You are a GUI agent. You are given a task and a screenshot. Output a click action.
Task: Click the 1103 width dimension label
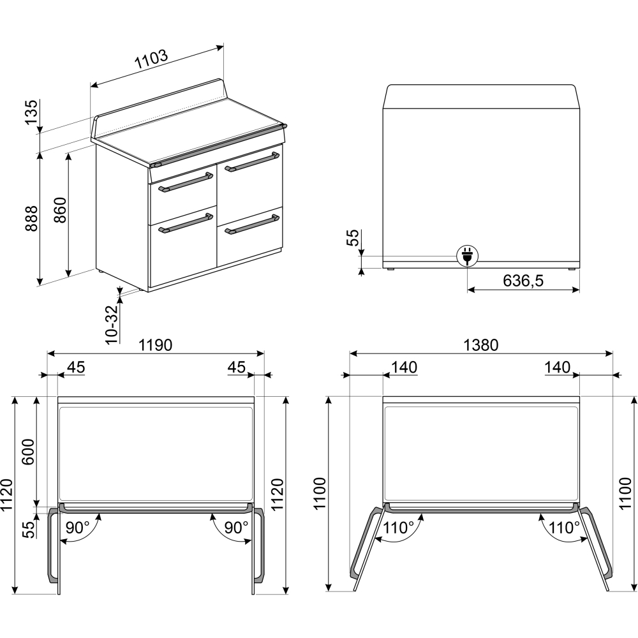click(x=151, y=59)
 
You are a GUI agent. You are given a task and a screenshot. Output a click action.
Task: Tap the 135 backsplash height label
click(x=31, y=112)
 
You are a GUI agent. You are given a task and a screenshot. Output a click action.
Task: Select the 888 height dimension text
click(x=31, y=218)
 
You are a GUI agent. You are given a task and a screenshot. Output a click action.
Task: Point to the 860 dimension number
click(x=60, y=210)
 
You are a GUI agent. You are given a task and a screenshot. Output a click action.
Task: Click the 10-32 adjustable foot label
click(x=110, y=324)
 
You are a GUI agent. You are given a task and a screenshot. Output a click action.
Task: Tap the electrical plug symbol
click(x=467, y=256)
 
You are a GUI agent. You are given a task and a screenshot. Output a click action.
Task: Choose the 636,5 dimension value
click(x=523, y=281)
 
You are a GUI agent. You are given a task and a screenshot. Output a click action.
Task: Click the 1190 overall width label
click(x=156, y=345)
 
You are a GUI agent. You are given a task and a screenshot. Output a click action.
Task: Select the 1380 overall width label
click(x=481, y=345)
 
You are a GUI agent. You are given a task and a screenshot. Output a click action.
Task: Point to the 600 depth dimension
click(x=28, y=452)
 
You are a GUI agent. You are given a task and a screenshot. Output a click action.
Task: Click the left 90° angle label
click(x=77, y=528)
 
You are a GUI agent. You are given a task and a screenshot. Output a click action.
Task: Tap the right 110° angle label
click(x=564, y=528)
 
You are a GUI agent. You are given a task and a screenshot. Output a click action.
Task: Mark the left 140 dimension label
click(x=404, y=367)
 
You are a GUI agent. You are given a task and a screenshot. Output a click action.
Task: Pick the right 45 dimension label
click(x=237, y=367)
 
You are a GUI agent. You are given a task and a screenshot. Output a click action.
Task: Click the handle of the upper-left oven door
click(x=186, y=182)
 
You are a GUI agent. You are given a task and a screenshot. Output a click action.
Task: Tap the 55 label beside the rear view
click(x=353, y=237)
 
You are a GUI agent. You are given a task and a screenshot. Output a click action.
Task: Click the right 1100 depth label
click(x=625, y=493)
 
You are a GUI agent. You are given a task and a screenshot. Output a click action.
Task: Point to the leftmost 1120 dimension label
click(x=7, y=495)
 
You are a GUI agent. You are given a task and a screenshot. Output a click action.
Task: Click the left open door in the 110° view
click(x=366, y=546)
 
